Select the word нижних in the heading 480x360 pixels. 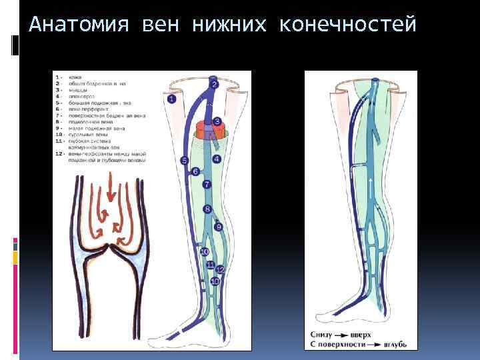[x=229, y=25]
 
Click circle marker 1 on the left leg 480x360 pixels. [x=171, y=99]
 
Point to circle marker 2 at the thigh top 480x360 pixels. [x=215, y=85]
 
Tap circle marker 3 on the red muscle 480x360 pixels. [x=217, y=121]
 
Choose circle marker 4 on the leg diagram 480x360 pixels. [x=217, y=159]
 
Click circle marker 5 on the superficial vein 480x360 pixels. [x=185, y=161]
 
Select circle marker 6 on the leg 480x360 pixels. [x=195, y=171]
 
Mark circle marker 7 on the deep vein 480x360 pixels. [x=207, y=184]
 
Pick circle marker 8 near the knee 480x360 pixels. [x=207, y=209]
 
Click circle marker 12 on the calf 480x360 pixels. [x=220, y=269]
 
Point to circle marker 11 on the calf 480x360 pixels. [x=210, y=265]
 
